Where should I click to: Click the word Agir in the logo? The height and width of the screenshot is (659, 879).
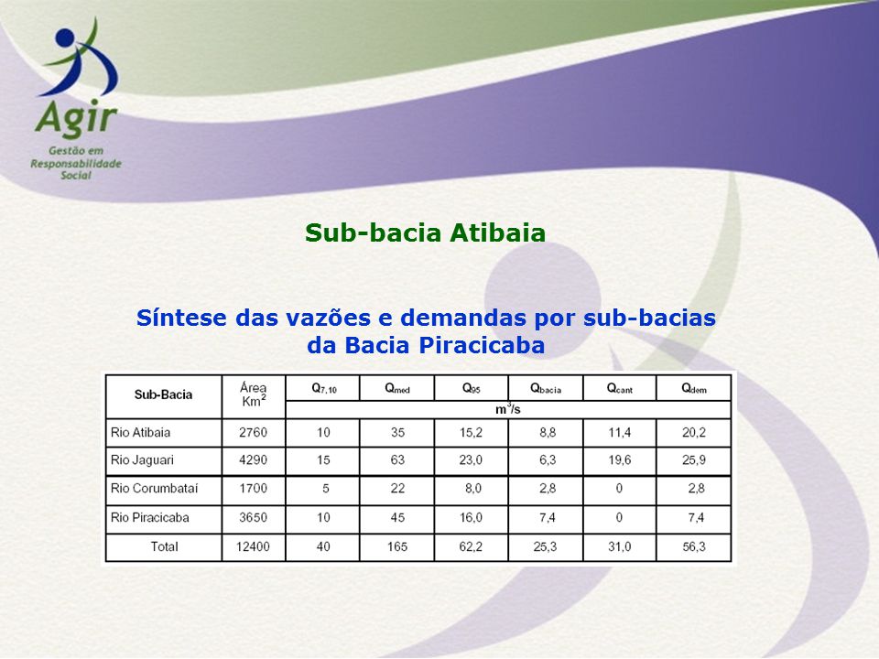76,119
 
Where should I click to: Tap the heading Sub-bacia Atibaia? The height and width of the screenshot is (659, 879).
425,232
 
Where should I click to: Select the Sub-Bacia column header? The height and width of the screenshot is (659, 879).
163,394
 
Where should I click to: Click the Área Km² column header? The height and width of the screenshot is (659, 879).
254,394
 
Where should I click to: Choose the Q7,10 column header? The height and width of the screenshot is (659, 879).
324,388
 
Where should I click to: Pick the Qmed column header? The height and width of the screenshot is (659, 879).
396,388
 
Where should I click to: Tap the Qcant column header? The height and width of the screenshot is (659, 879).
620,388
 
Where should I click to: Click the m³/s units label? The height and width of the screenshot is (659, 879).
508,409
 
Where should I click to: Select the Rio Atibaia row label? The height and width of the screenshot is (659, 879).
140,433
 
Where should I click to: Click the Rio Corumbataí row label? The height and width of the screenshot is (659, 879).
154,489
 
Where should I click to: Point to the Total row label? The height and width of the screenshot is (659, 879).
164,546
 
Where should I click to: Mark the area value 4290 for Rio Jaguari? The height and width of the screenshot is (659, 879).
254,460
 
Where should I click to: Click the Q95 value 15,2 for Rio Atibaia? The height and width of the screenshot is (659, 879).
471,433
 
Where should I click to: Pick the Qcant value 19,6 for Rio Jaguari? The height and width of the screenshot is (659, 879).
620,460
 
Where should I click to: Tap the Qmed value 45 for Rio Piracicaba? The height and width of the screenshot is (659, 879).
397,517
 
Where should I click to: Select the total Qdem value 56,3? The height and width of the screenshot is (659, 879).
694,546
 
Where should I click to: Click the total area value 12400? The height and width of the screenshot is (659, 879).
253,546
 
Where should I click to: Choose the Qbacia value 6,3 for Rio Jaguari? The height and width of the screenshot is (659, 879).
548,460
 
